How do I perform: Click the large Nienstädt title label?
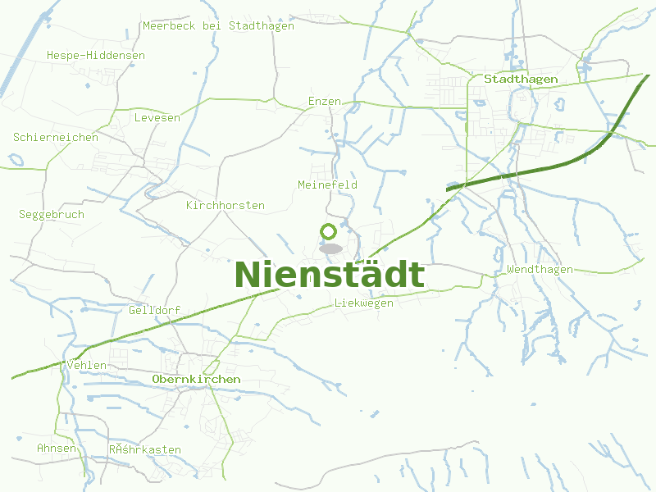coord(330,275)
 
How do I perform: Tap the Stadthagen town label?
coord(521,80)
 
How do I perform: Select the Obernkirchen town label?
coord(196,380)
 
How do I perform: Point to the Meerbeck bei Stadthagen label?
coord(218,26)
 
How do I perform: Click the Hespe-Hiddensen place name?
coord(95,56)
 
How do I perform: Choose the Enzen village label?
coord(324,101)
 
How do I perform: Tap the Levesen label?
coord(157,118)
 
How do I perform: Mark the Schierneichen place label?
coord(56,138)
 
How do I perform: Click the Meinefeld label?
coord(327,185)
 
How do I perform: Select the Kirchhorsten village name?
coord(225,205)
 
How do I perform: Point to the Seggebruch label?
coord(52,215)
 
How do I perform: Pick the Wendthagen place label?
coord(540,270)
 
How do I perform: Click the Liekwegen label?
coord(364,303)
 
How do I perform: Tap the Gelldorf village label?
coord(154,311)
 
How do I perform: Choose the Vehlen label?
coord(88,365)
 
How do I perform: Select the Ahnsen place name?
coord(57,449)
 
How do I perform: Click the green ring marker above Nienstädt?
coord(329,232)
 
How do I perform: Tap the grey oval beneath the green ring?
coord(330,248)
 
